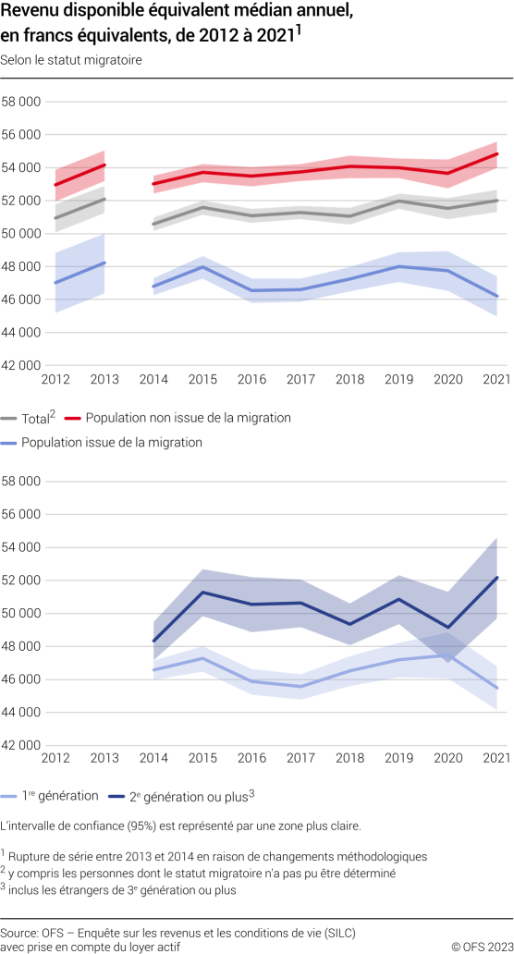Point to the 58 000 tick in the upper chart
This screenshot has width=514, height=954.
point(21,101)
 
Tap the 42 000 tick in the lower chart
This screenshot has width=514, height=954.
point(21,745)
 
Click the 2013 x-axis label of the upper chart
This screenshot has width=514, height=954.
point(104,379)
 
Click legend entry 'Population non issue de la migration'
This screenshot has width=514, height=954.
point(189,418)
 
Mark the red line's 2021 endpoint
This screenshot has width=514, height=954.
point(497,153)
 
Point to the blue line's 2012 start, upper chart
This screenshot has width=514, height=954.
point(55,283)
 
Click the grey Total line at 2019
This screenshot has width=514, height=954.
point(398,201)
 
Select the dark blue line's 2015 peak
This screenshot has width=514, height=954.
point(202,592)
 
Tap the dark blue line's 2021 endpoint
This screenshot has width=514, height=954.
point(497,577)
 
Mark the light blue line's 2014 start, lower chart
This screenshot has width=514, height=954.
point(153,669)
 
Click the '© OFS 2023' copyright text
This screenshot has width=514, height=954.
point(479,947)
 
